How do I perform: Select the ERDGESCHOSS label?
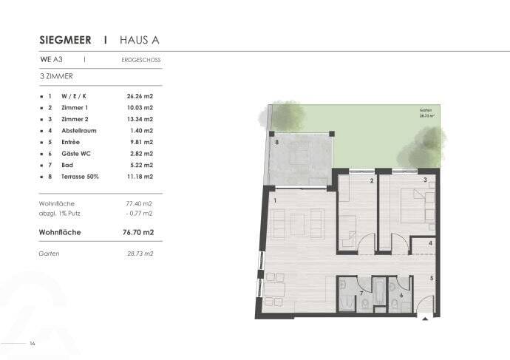[140, 60]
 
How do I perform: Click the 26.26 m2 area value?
[140, 96]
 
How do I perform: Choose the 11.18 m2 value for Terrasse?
[140, 177]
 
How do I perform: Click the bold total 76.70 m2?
[138, 232]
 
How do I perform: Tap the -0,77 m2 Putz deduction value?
[139, 213]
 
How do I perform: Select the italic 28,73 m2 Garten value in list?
[140, 254]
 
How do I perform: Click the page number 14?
[33, 344]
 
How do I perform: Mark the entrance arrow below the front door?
[424, 319]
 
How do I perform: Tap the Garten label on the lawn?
[425, 110]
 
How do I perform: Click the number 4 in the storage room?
[430, 242]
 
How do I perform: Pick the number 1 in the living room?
[274, 200]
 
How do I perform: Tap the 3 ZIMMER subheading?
[55, 76]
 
